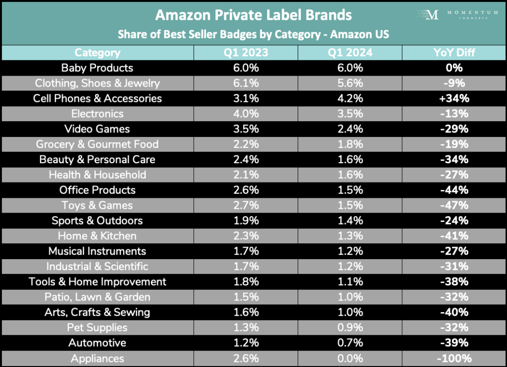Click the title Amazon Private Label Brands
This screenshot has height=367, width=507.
pyautogui.click(x=253, y=15)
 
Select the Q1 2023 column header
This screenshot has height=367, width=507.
pyautogui.click(x=246, y=52)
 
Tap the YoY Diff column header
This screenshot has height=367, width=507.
pyautogui.click(x=454, y=52)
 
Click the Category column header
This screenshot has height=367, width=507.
pyautogui.click(x=97, y=52)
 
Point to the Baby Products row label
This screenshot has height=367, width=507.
pyautogui.click(x=97, y=68)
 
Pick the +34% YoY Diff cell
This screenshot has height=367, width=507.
pyautogui.click(x=454, y=98)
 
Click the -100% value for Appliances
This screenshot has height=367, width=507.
pyautogui.click(x=454, y=359)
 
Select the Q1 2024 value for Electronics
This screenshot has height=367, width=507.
pyautogui.click(x=350, y=114)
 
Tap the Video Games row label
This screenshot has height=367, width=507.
pyautogui.click(x=97, y=129)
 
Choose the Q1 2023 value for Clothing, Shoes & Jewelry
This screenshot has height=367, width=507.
pyautogui.click(x=246, y=83)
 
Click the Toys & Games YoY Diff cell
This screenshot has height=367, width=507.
pyautogui.click(x=454, y=205)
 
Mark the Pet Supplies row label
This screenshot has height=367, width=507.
pyautogui.click(x=97, y=327)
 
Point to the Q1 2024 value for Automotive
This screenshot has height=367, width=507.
pyautogui.click(x=350, y=343)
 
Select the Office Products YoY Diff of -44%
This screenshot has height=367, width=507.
pyautogui.click(x=454, y=190)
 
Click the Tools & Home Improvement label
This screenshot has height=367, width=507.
pyautogui.click(x=97, y=281)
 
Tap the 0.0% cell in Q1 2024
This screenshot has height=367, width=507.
pyautogui.click(x=350, y=359)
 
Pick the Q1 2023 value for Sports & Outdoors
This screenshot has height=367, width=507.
pyautogui.click(x=246, y=221)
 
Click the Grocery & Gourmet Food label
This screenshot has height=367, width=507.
pyautogui.click(x=97, y=144)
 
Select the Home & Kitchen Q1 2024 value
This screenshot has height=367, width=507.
pyautogui.click(x=350, y=236)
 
